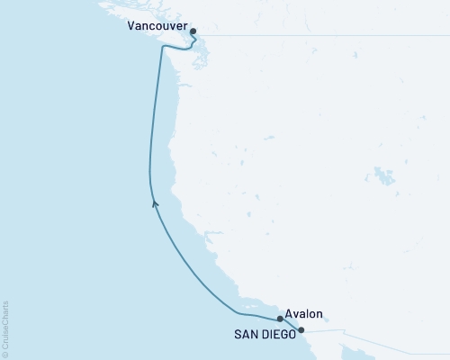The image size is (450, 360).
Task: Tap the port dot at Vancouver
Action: pos(193,31)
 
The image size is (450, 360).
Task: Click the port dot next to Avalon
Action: pos(281,319)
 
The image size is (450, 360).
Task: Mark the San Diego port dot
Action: pos(301,330)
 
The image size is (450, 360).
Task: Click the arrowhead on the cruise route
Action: pos(154,204)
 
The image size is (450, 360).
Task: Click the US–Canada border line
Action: pos(315,35)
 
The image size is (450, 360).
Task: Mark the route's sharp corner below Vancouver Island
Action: pos(162,49)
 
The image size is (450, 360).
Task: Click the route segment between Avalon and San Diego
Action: pos(291,324)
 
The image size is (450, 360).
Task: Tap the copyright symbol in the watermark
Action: pos(5,354)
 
